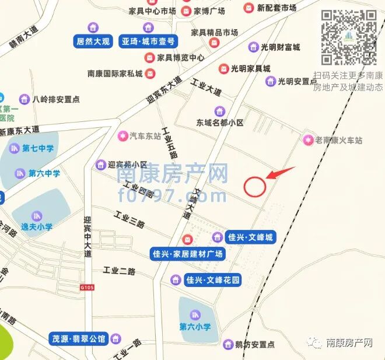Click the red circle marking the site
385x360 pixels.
coord(255,186)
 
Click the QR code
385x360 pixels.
coord(349,37)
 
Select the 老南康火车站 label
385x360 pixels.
coord(339,140)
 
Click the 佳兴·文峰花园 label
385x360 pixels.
coord(212,280)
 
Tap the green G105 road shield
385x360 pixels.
coord(87,287)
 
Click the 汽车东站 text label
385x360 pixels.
coord(145,137)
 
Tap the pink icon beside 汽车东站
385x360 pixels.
coord(123,137)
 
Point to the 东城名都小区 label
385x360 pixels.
coord(220,123)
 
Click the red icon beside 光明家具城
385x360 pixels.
coord(223,69)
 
